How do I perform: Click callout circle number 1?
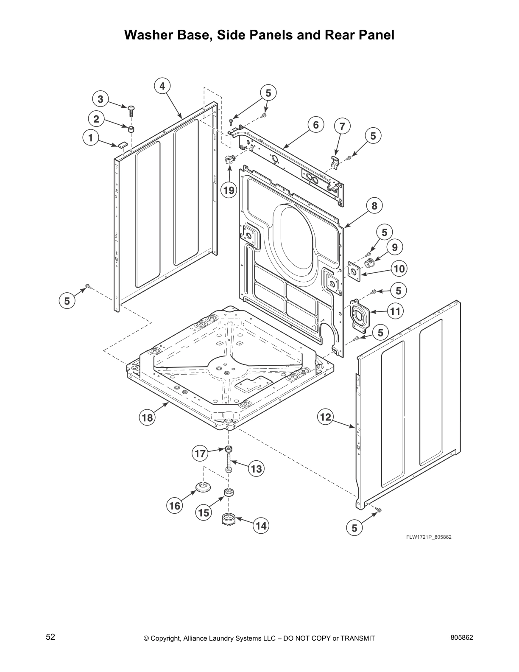pos(89,137)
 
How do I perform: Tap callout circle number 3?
pos(100,100)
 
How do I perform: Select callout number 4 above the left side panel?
pos(162,86)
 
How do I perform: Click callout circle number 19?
pos(229,190)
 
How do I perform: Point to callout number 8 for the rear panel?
pos(374,206)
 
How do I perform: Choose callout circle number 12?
pos(325,417)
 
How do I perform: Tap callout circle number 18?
pos(147,418)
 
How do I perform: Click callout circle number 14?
pos(261,526)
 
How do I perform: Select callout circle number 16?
pos(175,506)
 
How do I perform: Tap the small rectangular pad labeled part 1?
pos(122,145)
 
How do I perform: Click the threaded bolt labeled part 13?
pos(229,464)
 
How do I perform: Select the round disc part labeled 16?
pos(203,487)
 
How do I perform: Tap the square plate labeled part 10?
pos(354,271)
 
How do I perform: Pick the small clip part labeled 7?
pos(335,160)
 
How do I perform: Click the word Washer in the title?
pos(153,35)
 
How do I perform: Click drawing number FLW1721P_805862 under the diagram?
pos(429,537)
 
